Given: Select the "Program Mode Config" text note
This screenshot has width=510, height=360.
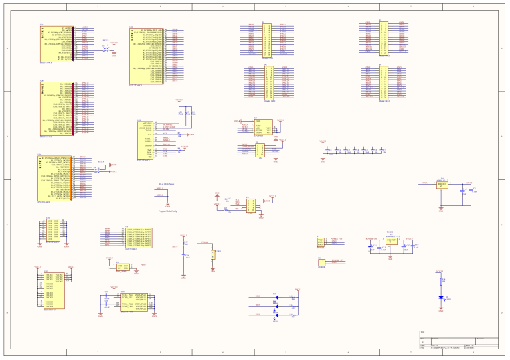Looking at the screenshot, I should click(x=167, y=210).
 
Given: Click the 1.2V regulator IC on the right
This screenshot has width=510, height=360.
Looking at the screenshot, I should click(x=443, y=185).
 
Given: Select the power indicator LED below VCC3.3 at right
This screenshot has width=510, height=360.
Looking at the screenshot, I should click(x=441, y=298).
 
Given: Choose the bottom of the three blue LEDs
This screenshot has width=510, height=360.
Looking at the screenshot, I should click(x=276, y=315).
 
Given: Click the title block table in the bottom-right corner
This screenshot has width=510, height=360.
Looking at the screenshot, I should click(x=458, y=339).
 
